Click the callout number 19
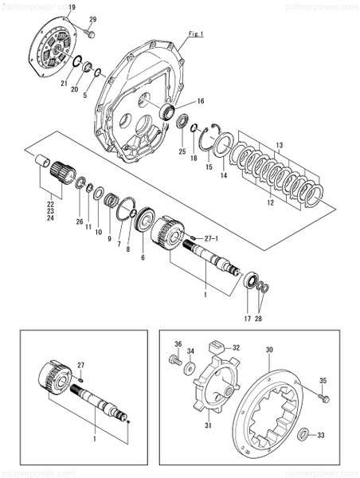[x=72, y=7]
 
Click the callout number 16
[x=201, y=101]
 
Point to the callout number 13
[x=279, y=144]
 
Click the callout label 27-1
[x=209, y=238]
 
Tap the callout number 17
[x=247, y=319]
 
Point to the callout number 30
[x=268, y=349]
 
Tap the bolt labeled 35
[x=323, y=396]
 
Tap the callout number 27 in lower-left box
[x=80, y=364]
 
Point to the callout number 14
[x=224, y=174]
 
